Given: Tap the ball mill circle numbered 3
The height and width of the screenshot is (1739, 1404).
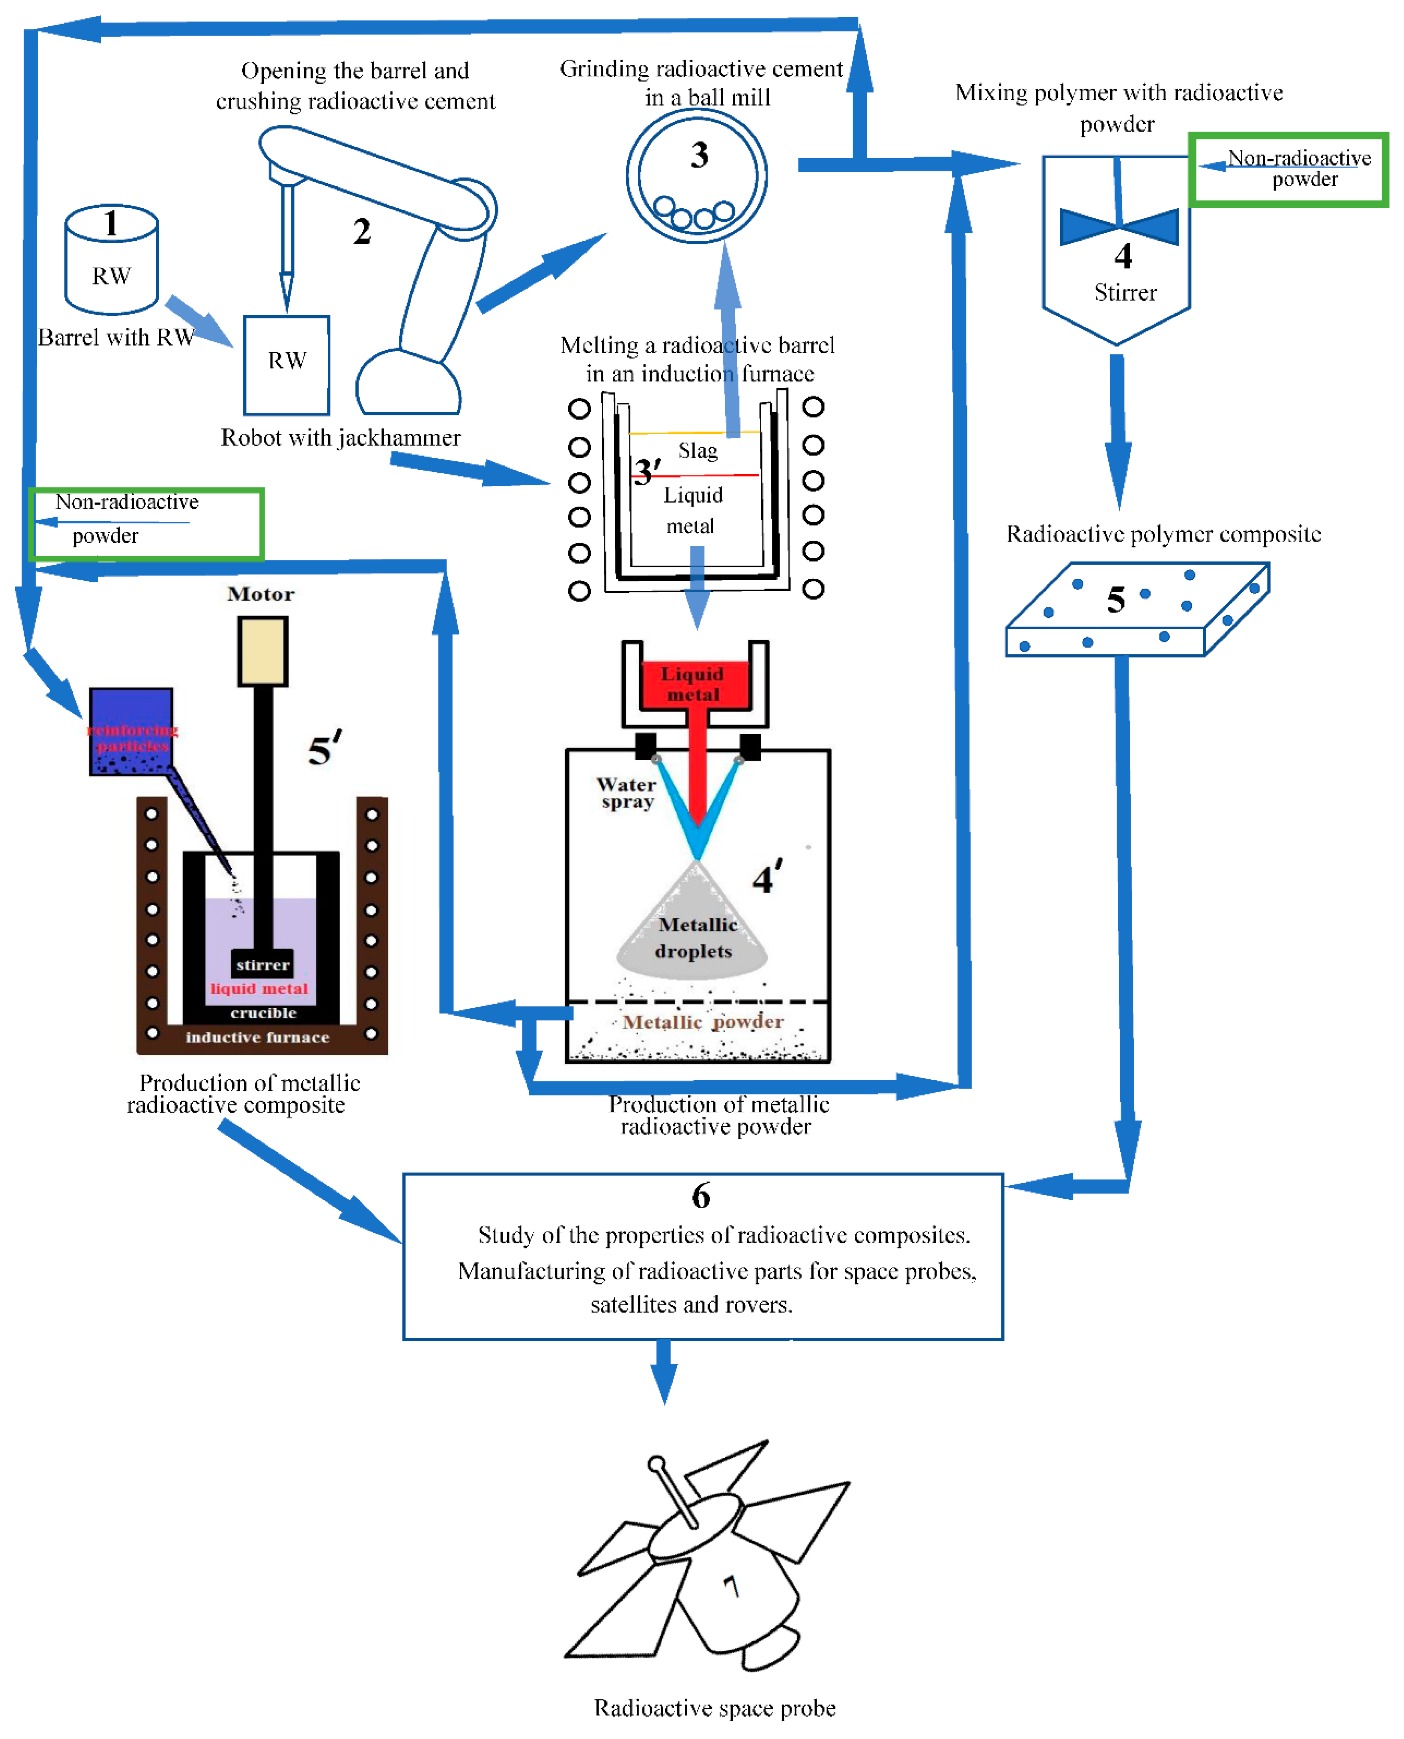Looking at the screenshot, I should coord(697,175).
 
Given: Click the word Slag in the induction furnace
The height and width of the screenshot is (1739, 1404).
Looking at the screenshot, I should coord(697,450).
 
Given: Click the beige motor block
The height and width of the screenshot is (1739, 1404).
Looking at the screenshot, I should coord(263,651).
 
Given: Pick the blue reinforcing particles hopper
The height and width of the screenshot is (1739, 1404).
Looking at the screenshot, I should coord(131,731).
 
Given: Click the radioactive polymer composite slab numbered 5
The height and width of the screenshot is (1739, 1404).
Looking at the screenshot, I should coord(1136,608).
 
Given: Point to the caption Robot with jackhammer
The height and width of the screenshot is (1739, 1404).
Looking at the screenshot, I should coord(341,438).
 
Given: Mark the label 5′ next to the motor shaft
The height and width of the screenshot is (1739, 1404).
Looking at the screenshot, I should coord(324,749).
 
